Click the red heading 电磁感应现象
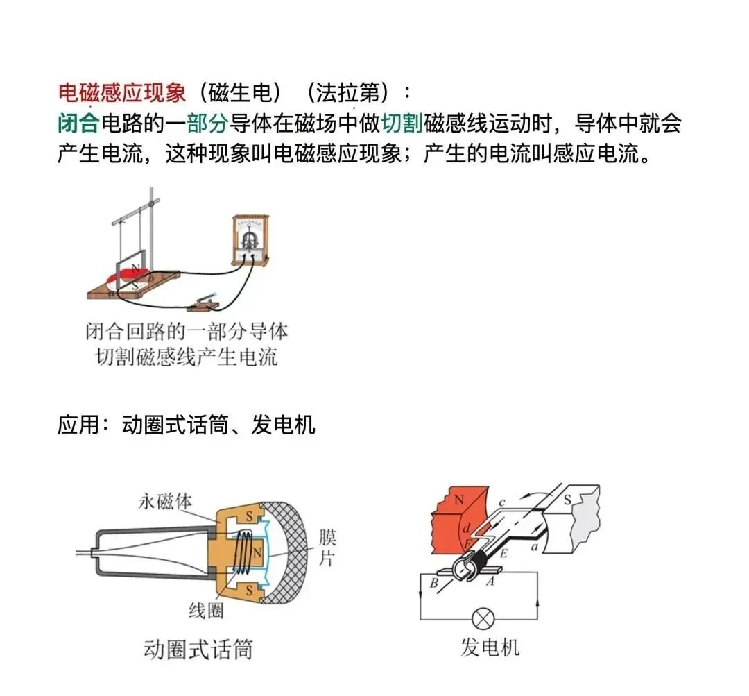122,92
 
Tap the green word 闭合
78,124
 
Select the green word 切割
402,124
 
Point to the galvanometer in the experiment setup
249,240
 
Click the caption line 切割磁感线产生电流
187,357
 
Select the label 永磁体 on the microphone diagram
164,502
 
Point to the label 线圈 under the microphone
205,610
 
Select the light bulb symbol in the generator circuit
480,618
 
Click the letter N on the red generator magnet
458,500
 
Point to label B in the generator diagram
433,583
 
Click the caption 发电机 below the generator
490,647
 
